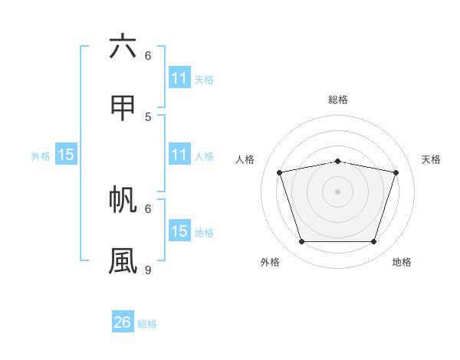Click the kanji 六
pyautogui.click(x=123, y=47)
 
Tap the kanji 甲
pyautogui.click(x=123, y=107)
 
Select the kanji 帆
pyautogui.click(x=123, y=198)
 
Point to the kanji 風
pyautogui.click(x=123, y=260)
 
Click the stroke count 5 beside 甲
pyautogui.click(x=148, y=116)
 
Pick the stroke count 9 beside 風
pyautogui.click(x=148, y=270)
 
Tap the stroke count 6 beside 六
pyautogui.click(x=148, y=56)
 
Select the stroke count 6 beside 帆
pyautogui.click(x=148, y=208)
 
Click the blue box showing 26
pyautogui.click(x=123, y=322)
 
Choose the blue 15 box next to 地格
pyautogui.click(x=179, y=231)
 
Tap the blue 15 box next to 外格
pyautogui.click(x=66, y=155)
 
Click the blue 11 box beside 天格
pyautogui.click(x=179, y=78)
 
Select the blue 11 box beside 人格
pyautogui.click(x=179, y=155)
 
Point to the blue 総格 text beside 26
pyautogui.click(x=147, y=324)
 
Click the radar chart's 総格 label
pyautogui.click(x=338, y=100)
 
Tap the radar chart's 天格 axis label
pyautogui.click(x=431, y=159)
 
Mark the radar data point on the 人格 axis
pyautogui.click(x=280, y=172)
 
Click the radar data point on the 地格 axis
pyautogui.click(x=374, y=241)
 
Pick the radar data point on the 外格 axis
pyautogui.click(x=302, y=241)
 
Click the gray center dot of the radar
pyautogui.click(x=338, y=191)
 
